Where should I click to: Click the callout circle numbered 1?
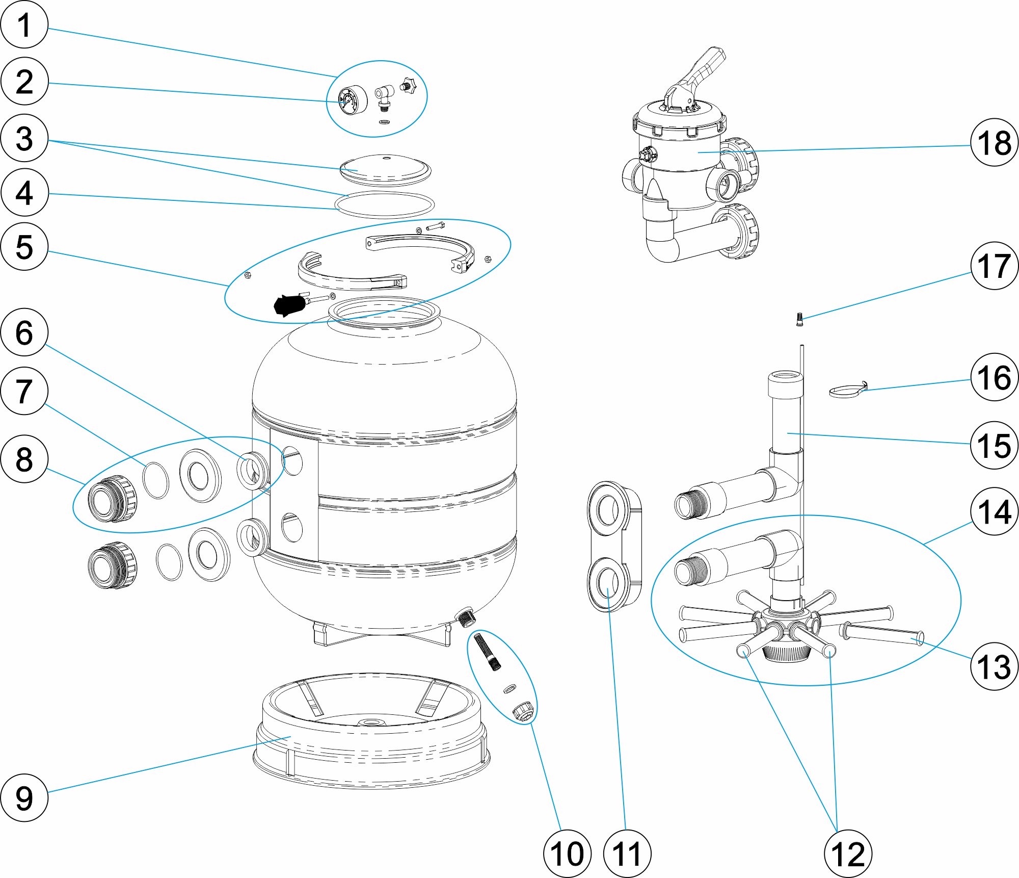pyautogui.click(x=24, y=24)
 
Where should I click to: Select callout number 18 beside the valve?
pyautogui.click(x=994, y=142)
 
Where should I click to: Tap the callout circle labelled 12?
pyautogui.click(x=848, y=854)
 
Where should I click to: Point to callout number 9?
pyautogui.click(x=24, y=798)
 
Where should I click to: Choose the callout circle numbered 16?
pyautogui.click(x=994, y=377)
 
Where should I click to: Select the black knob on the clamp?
pyautogui.click(x=289, y=305)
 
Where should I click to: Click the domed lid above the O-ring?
pyautogui.click(x=385, y=167)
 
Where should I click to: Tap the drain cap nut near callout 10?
pyautogui.click(x=523, y=710)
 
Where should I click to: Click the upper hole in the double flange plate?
pyautogui.click(x=607, y=509)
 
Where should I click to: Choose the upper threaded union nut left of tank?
pyautogui.click(x=111, y=499)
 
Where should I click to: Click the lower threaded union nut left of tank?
pyautogui.click(x=111, y=565)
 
